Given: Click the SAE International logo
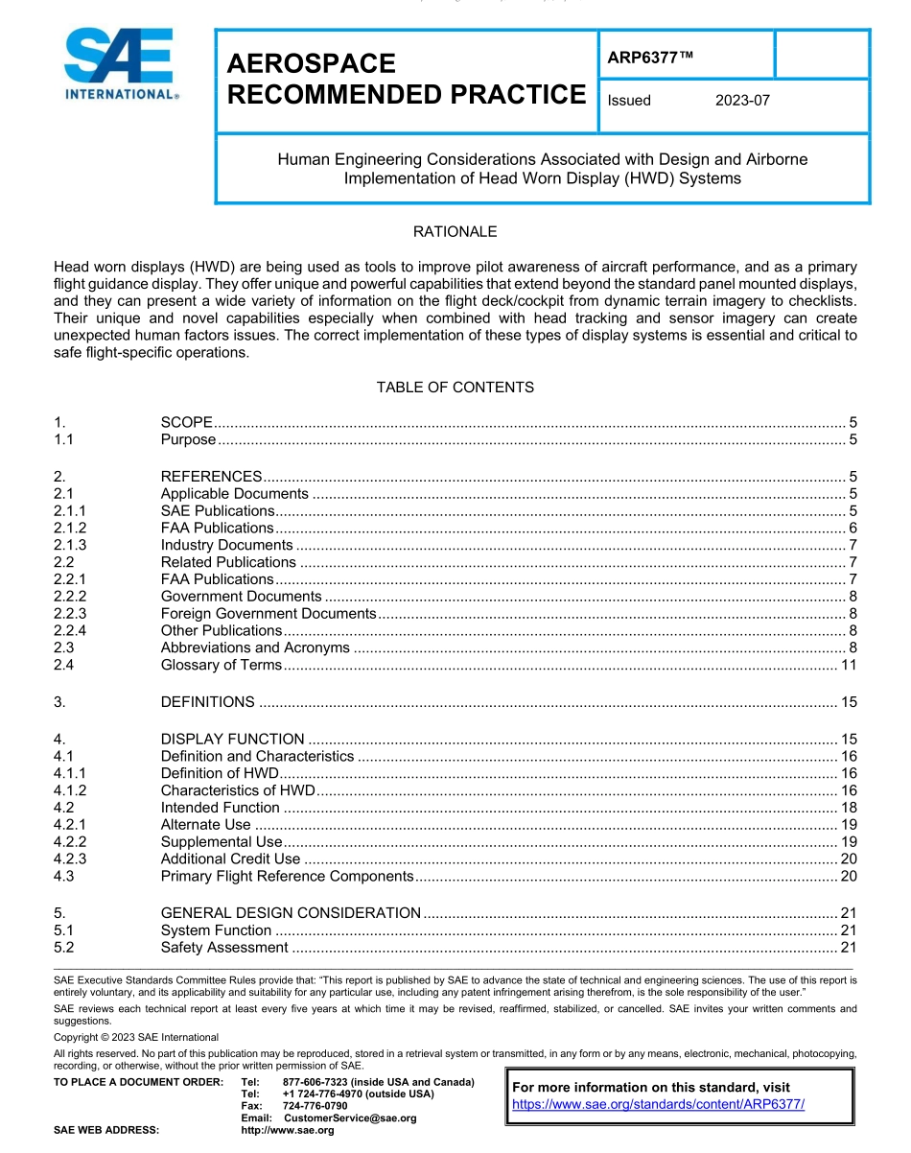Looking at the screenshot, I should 119,65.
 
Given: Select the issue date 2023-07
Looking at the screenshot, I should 742,100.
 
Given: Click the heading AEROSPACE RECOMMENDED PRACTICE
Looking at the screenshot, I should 406,79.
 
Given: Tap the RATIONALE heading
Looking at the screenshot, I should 455,232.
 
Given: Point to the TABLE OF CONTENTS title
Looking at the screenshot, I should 455,388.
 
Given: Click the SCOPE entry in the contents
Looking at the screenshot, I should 186,423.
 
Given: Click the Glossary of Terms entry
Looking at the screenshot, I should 222,665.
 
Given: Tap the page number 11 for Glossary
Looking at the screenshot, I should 849,665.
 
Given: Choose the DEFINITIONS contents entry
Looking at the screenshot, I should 208,702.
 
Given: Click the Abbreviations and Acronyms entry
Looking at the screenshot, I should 255,647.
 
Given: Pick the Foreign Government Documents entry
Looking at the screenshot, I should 269,614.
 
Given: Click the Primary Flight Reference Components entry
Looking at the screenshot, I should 287,876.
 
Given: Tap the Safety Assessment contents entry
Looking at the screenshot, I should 224,948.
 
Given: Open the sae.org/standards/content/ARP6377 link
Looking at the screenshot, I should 659,1104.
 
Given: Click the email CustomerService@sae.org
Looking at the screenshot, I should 350,1118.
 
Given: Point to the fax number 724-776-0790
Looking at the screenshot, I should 315,1106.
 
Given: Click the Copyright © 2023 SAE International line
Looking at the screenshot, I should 136,1037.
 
